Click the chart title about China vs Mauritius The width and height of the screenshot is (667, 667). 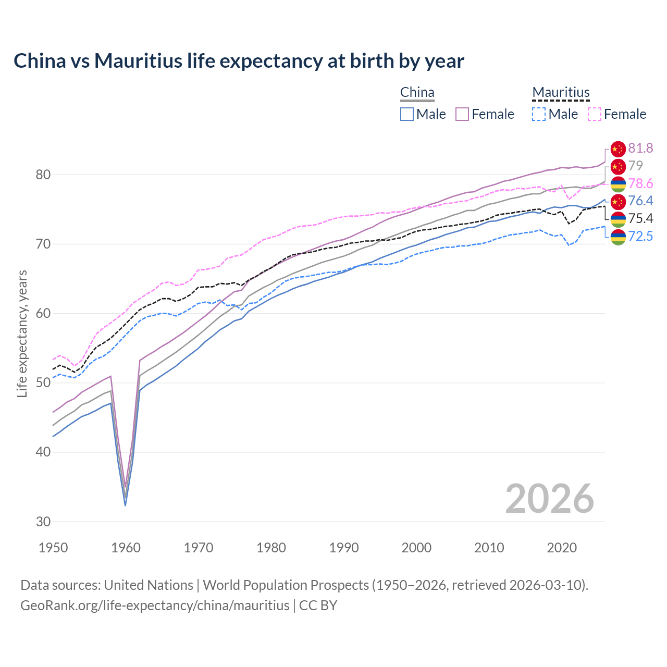click(x=239, y=61)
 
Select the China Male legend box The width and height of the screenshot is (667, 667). click(x=407, y=114)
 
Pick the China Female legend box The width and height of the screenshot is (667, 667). click(x=462, y=114)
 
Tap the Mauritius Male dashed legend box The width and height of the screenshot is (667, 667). click(x=539, y=114)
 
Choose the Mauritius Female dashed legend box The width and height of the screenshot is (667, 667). click(x=594, y=114)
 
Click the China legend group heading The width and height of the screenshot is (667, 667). click(x=417, y=93)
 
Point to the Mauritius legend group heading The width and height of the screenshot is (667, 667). click(x=561, y=93)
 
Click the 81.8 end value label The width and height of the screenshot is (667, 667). click(x=640, y=149)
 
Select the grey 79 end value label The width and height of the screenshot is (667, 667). click(x=635, y=166)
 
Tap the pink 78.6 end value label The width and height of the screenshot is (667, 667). click(x=640, y=183)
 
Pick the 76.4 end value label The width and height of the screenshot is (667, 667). click(x=640, y=201)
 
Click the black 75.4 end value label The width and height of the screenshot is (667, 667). click(x=640, y=218)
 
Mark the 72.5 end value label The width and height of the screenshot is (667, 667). click(x=640, y=236)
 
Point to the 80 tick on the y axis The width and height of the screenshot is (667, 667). click(x=43, y=175)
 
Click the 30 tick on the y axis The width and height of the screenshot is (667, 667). click(x=43, y=522)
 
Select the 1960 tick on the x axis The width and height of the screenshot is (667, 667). click(x=126, y=548)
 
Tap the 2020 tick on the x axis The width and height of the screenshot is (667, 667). click(x=562, y=548)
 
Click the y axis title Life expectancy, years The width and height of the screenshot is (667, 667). click(x=22, y=333)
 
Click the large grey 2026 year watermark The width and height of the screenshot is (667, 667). click(x=549, y=499)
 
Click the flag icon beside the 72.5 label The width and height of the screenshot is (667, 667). click(x=617, y=237)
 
